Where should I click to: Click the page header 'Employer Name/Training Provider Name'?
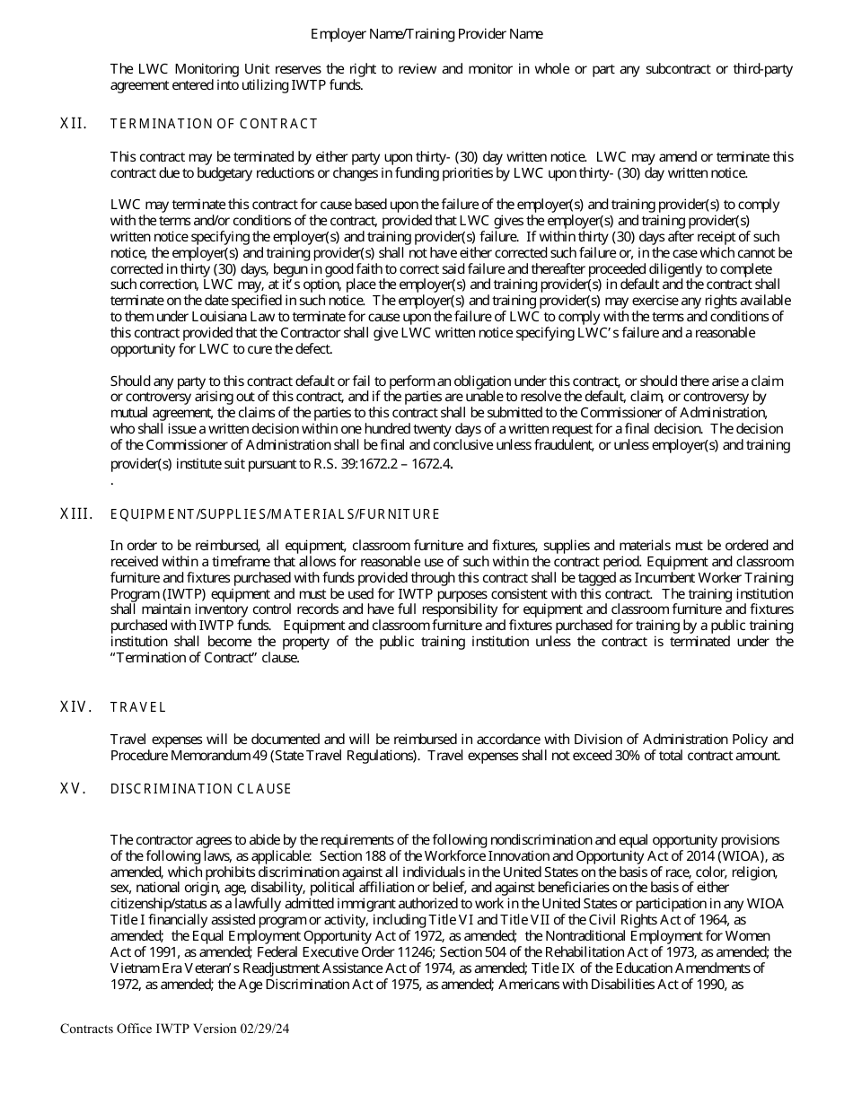tap(426, 34)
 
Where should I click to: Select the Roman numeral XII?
tap(74, 124)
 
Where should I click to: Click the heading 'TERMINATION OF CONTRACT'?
tap(214, 124)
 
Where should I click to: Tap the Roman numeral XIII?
tap(76, 514)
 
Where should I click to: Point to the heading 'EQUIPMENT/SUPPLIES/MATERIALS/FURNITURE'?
tap(275, 514)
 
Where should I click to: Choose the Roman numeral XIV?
tap(76, 707)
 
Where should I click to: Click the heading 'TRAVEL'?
tap(138, 707)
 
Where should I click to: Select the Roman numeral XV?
tap(74, 789)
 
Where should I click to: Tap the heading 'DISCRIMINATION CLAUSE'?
tap(201, 789)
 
